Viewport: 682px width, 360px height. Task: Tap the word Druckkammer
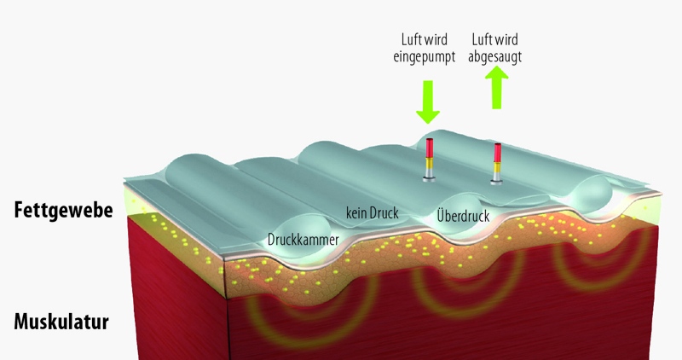point(303,241)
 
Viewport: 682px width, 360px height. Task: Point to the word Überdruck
point(463,216)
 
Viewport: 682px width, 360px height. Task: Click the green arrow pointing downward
point(428,102)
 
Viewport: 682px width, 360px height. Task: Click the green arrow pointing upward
point(495,88)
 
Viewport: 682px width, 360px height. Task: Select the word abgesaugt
point(495,56)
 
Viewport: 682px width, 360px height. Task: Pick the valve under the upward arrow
point(496,163)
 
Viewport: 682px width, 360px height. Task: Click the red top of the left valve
point(429,147)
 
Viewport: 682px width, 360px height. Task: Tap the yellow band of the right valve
point(496,165)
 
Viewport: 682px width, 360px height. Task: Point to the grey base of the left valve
point(429,177)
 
